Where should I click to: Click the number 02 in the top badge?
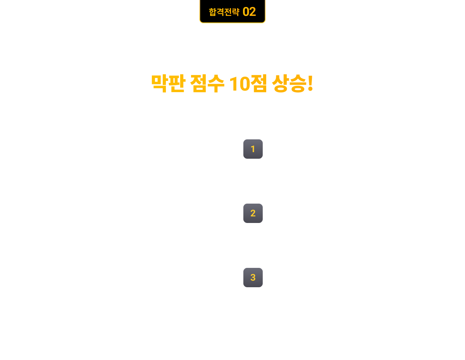click(x=249, y=12)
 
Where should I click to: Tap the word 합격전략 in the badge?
click(x=224, y=12)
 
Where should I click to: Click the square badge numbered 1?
click(x=253, y=149)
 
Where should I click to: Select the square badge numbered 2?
click(x=253, y=213)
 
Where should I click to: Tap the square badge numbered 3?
click(x=253, y=278)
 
